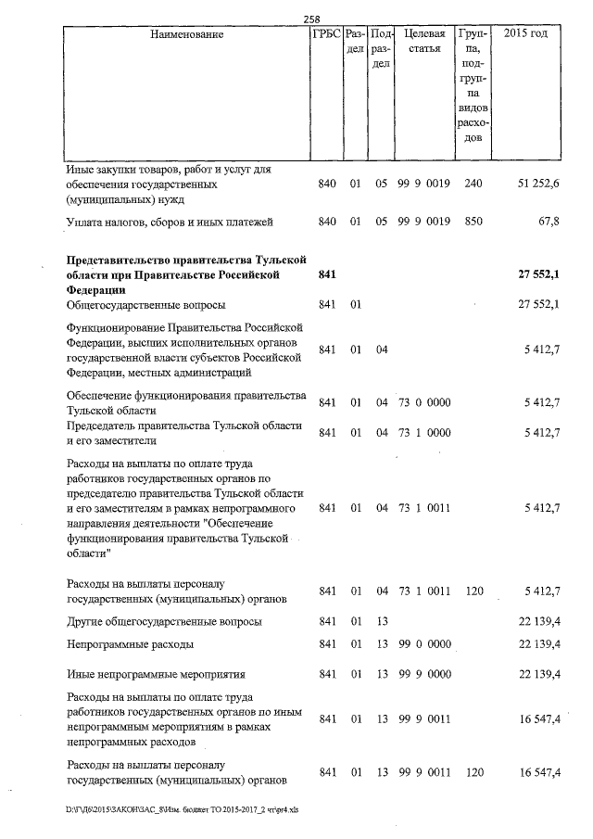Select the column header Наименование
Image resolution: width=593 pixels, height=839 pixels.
(185, 34)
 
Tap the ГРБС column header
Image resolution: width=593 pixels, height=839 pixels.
(325, 34)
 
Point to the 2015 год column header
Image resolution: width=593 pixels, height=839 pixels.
(524, 34)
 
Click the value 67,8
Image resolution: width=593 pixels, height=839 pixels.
(548, 222)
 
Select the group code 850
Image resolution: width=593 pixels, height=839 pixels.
(473, 222)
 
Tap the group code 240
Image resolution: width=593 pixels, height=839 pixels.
(473, 184)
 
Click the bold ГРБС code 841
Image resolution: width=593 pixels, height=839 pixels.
(325, 275)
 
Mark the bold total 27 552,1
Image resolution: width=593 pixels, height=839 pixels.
(538, 275)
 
